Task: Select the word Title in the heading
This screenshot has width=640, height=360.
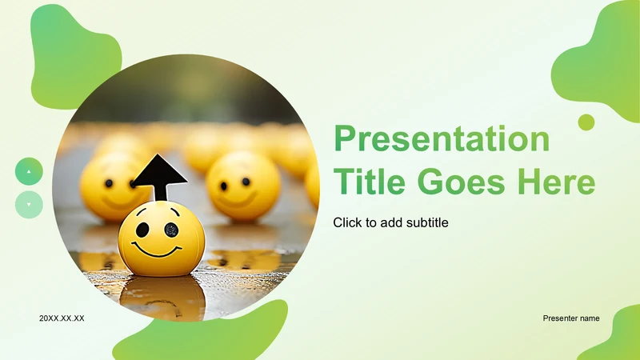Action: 370,182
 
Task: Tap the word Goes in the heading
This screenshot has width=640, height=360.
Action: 462,182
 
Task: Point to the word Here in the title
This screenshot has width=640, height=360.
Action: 557,182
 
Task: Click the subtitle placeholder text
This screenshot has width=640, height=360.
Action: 390,222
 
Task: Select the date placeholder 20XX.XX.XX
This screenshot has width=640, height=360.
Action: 62,318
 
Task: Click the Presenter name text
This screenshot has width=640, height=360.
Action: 571,318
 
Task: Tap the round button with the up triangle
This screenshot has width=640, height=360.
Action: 29,171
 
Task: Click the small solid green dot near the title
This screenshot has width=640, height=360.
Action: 586,122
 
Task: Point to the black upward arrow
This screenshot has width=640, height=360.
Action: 159,176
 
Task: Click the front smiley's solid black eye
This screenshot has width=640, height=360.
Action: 142,230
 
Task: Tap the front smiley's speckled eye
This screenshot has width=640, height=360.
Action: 171,230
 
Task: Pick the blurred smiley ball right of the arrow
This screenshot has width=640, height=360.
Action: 244,186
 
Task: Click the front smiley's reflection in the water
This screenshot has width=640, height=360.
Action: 162,297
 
